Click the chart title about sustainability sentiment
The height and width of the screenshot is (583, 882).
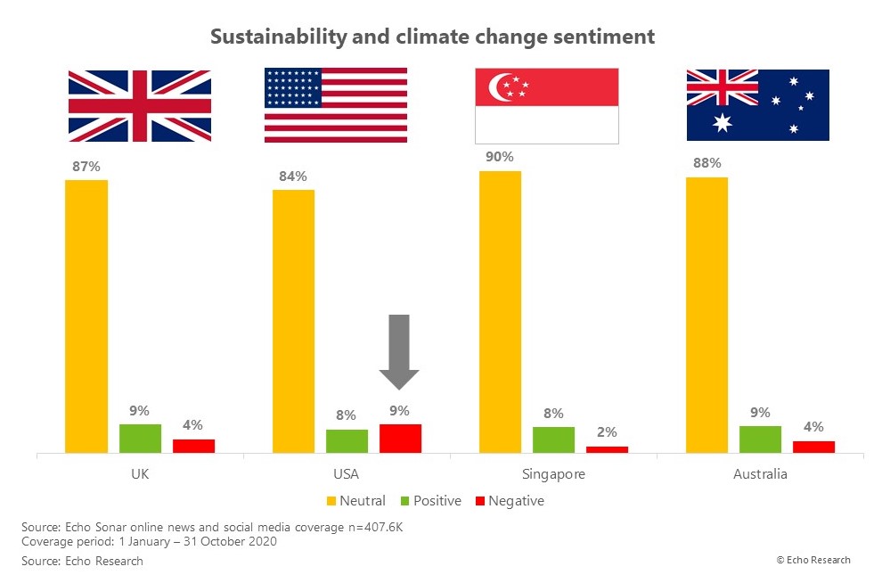[x=432, y=37]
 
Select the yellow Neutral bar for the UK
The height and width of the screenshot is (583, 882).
[x=86, y=316]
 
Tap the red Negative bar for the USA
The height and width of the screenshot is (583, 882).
[x=400, y=439]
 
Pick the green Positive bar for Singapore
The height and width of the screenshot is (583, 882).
[x=553, y=440]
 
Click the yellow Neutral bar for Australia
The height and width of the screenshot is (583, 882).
[x=706, y=315]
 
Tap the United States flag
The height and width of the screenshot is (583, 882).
[x=336, y=105]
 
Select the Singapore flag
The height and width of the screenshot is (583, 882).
[x=546, y=106]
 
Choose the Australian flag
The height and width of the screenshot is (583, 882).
[x=757, y=105]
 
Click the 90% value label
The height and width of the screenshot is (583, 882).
[x=500, y=157]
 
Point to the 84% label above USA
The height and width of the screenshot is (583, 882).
[x=293, y=176]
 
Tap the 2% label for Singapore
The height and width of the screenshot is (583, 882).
[x=606, y=432]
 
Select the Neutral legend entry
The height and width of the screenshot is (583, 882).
[x=355, y=501]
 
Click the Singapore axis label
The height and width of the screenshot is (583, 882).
[x=553, y=474]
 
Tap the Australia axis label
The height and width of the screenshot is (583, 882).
[x=760, y=474]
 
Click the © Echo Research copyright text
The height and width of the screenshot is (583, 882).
[x=813, y=560]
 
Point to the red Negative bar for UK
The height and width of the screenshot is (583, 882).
[x=193, y=446]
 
